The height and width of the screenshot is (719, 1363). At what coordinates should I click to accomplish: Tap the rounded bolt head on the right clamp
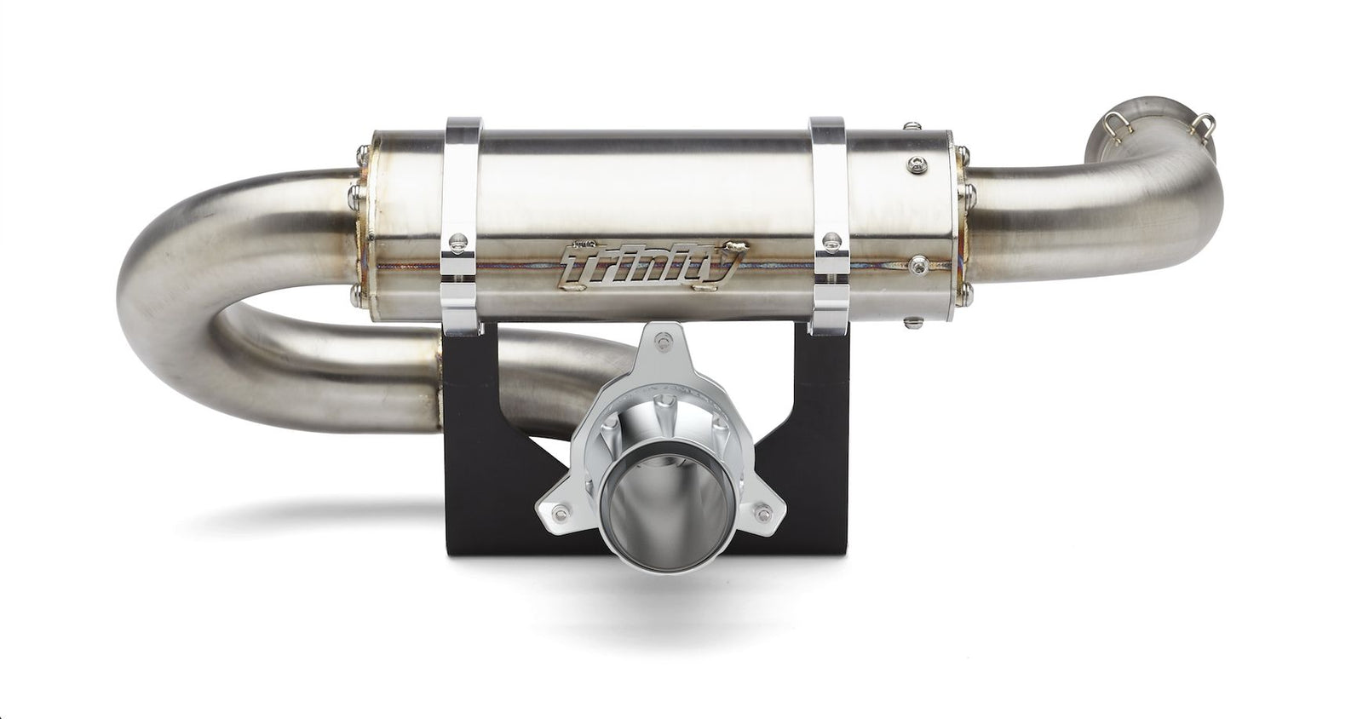point(830,241)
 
